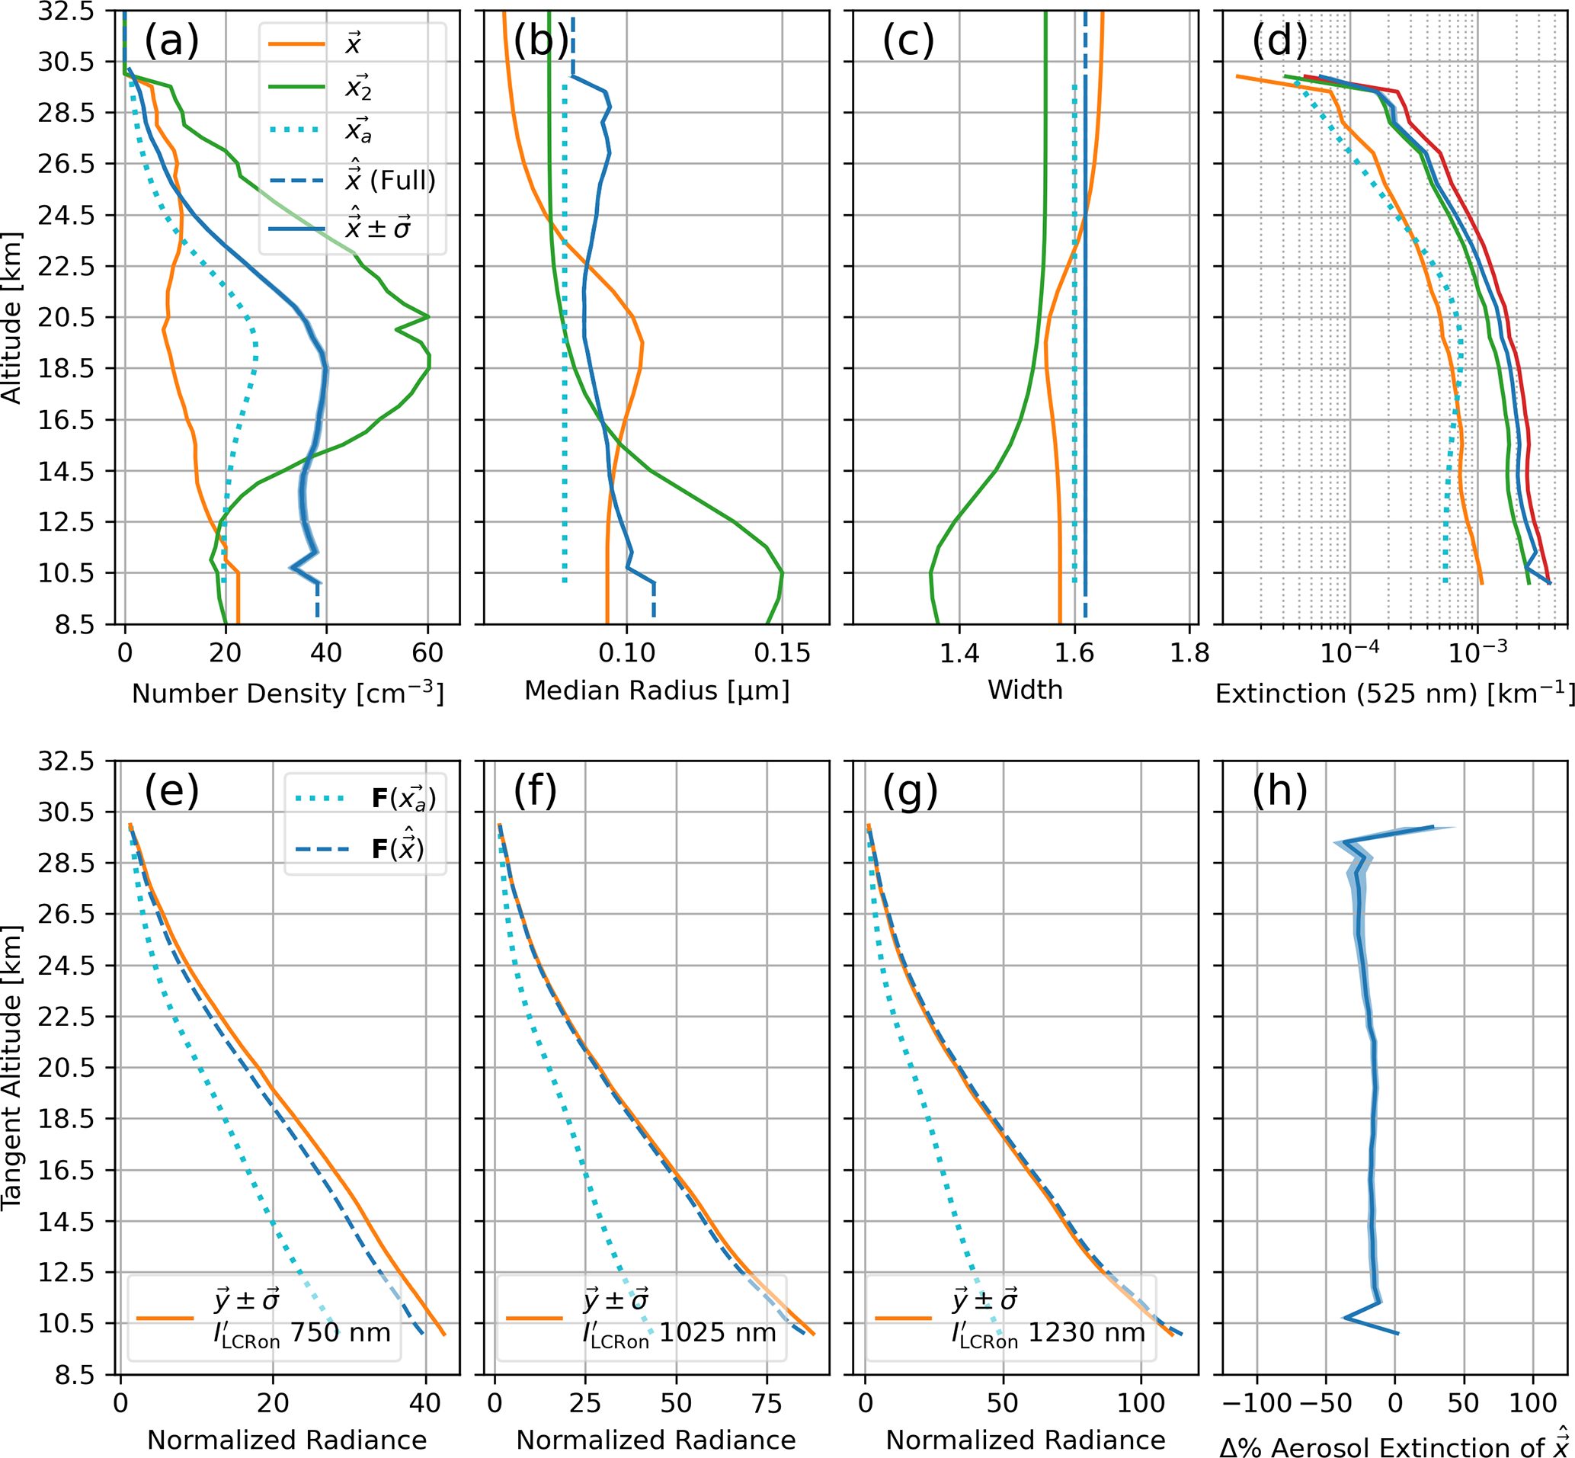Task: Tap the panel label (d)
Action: (x=1279, y=41)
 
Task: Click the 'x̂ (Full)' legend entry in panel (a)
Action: (x=389, y=181)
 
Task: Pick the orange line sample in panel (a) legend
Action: (x=296, y=44)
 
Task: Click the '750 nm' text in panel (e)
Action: (x=341, y=1332)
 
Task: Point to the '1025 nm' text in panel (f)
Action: (x=718, y=1332)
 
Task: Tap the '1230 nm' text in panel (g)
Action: (x=1087, y=1332)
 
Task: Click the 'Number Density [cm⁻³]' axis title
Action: (x=288, y=693)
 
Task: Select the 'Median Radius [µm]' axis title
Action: (x=656, y=691)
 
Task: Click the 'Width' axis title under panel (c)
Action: (x=1025, y=691)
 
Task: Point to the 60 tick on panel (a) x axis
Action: (x=427, y=652)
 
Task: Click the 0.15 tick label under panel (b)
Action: (x=781, y=652)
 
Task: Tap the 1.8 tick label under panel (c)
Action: (x=1189, y=652)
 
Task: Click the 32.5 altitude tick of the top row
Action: (x=66, y=11)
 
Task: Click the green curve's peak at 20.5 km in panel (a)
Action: (x=428, y=317)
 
